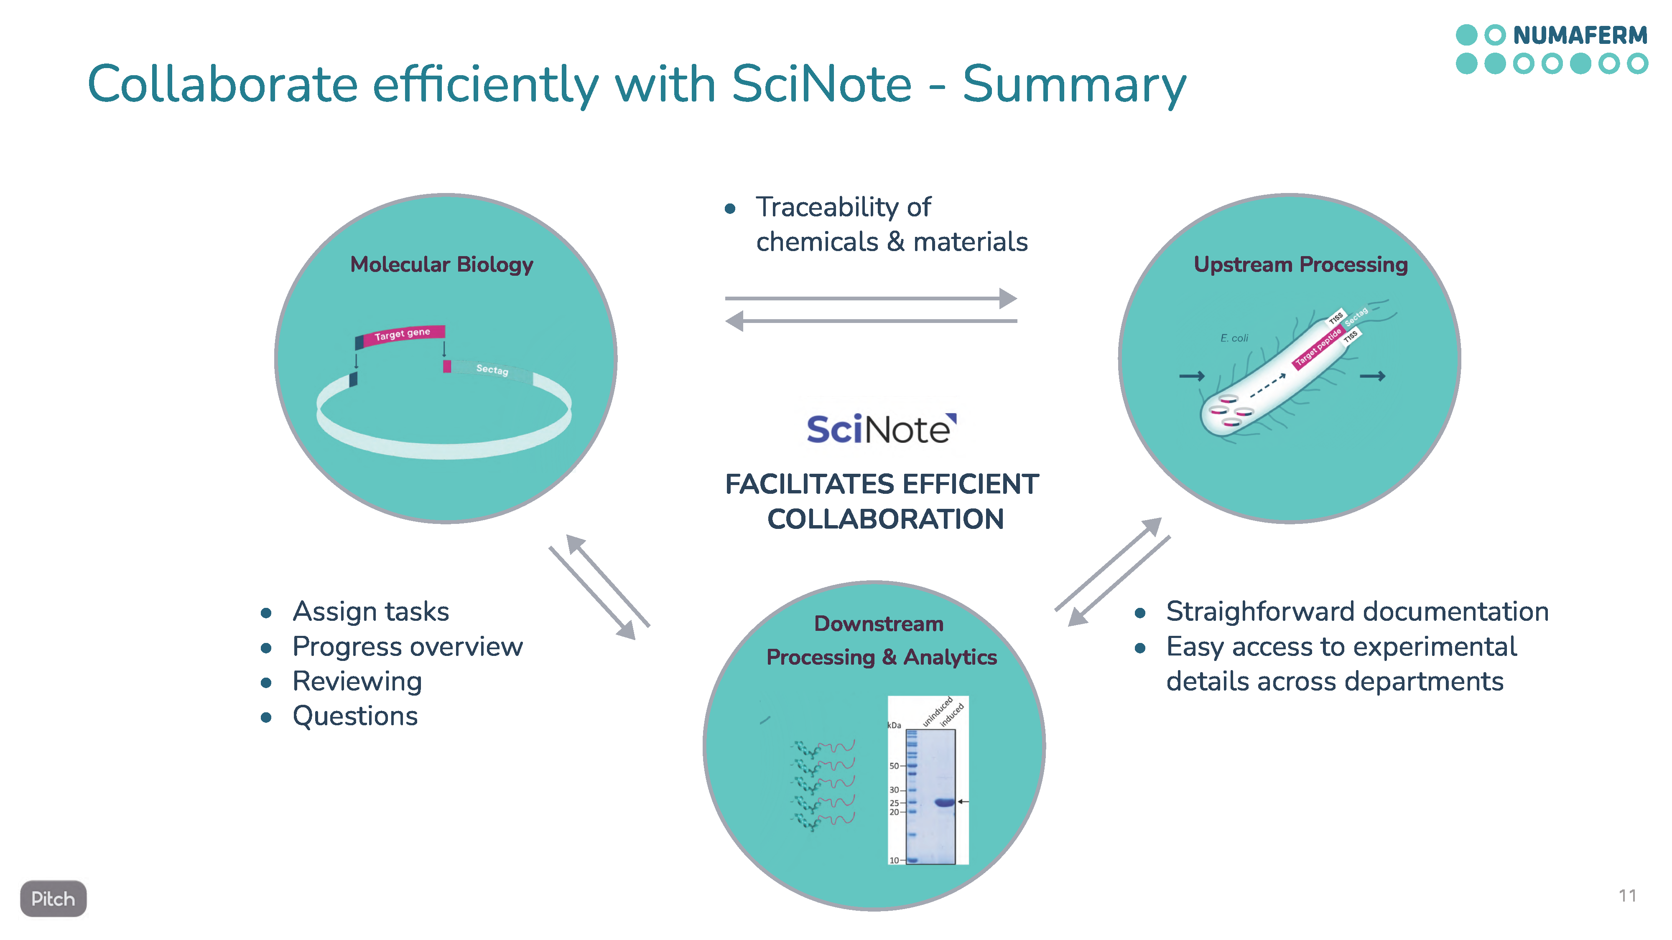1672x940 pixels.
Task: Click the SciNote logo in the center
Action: click(881, 429)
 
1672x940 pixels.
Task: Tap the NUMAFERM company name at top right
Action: click(1580, 35)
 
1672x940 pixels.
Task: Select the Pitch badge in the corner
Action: click(53, 899)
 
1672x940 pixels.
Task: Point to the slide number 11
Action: click(1627, 896)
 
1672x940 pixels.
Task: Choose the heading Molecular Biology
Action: click(441, 265)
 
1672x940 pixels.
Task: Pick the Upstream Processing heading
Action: click(1301, 265)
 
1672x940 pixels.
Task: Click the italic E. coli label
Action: click(1234, 338)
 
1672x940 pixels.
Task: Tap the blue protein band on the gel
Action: click(944, 803)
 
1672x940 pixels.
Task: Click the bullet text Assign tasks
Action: click(371, 612)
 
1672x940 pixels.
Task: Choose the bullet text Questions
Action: click(355, 716)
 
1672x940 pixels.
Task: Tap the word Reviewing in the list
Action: click(357, 681)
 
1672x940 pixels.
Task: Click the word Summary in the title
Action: click(1074, 84)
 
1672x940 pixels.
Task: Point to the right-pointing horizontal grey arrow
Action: click(870, 298)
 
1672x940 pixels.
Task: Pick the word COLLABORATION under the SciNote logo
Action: click(885, 519)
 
